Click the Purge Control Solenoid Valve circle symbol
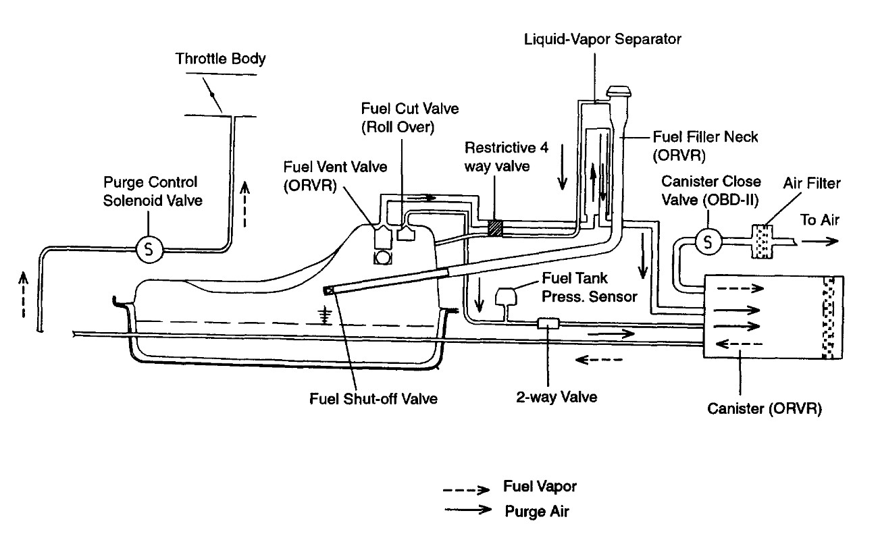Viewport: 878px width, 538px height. pos(149,249)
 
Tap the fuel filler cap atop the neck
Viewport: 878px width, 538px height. pos(619,92)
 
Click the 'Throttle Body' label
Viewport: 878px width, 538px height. pos(220,59)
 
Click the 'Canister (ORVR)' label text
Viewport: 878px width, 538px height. pos(765,410)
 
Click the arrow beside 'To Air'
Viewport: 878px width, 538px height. pos(820,241)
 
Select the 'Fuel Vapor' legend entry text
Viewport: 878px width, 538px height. pos(540,487)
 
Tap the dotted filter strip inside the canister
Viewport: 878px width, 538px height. pos(828,317)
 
